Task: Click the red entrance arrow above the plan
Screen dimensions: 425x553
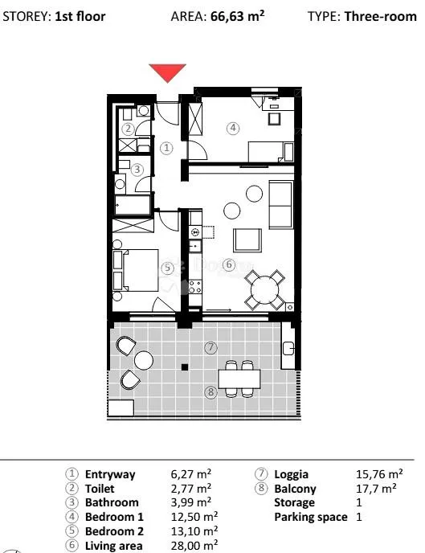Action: click(167, 72)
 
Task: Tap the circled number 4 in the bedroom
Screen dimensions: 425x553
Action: click(233, 128)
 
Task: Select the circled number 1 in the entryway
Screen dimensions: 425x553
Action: click(166, 148)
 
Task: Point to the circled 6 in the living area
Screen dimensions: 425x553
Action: click(229, 264)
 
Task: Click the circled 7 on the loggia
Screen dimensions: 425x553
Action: click(210, 348)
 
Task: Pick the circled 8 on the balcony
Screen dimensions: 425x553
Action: click(210, 391)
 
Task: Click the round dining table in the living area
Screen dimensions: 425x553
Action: click(264, 290)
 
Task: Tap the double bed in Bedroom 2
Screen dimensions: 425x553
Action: click(136, 270)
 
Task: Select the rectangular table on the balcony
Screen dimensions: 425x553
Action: click(239, 379)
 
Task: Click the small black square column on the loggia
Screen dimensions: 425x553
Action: click(185, 367)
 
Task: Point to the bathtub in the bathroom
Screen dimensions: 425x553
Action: click(133, 205)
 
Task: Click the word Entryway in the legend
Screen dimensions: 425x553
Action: click(110, 475)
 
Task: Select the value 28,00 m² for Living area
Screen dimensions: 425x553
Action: click(194, 546)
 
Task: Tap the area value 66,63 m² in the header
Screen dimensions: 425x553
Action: click(238, 16)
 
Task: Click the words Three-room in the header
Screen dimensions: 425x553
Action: click(381, 16)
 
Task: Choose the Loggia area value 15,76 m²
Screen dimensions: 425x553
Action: click(379, 474)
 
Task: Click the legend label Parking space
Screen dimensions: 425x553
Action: click(311, 518)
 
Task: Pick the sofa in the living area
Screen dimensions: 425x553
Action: click(281, 205)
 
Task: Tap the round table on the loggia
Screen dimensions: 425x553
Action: click(144, 360)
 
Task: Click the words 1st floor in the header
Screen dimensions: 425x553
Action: click(80, 17)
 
